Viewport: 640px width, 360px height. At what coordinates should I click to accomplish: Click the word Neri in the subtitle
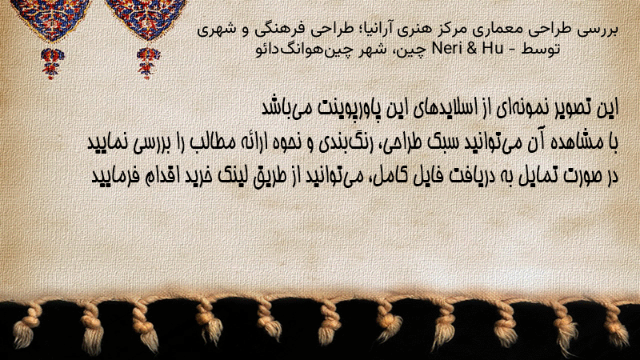446,49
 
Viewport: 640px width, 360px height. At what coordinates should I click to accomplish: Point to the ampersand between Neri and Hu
472,49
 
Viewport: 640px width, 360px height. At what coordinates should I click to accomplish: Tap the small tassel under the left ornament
52,62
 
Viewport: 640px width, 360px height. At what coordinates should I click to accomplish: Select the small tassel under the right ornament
148,62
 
